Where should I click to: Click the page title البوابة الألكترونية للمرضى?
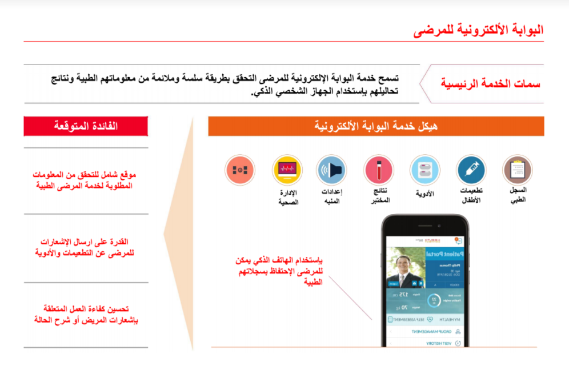click(x=478, y=30)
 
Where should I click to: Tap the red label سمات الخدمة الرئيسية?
click(x=490, y=83)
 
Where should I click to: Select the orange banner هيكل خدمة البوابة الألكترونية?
click(x=376, y=126)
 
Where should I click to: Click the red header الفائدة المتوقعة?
click(x=86, y=126)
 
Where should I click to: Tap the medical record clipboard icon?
click(x=517, y=170)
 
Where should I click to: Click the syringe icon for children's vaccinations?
click(x=471, y=170)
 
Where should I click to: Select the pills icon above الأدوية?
click(x=424, y=170)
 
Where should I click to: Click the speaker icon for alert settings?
click(x=332, y=170)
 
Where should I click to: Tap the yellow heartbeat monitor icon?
click(x=287, y=170)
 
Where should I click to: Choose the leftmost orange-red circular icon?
click(x=240, y=170)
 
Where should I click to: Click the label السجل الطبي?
click(x=517, y=195)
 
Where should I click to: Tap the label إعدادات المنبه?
click(x=332, y=196)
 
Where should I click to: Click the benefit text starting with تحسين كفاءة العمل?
click(x=86, y=315)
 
